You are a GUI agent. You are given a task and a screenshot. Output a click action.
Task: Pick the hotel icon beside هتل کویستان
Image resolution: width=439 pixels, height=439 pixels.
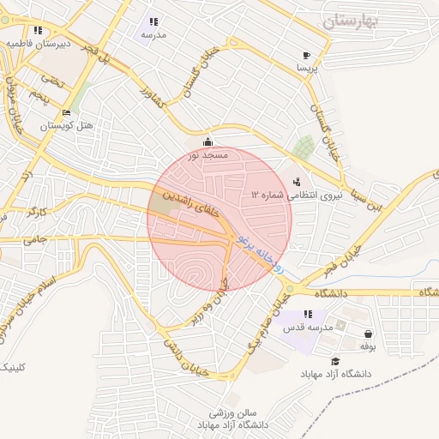click(66, 113)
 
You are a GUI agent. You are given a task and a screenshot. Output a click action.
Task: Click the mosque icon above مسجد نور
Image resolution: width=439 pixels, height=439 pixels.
click(207, 142)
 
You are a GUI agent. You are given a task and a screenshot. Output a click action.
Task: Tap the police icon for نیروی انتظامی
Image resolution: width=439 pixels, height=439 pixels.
click(297, 182)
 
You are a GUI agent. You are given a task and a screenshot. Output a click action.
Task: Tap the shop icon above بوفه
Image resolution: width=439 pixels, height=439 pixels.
click(368, 334)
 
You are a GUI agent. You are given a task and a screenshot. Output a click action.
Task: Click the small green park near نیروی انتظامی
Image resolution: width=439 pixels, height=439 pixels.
click(302, 147)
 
